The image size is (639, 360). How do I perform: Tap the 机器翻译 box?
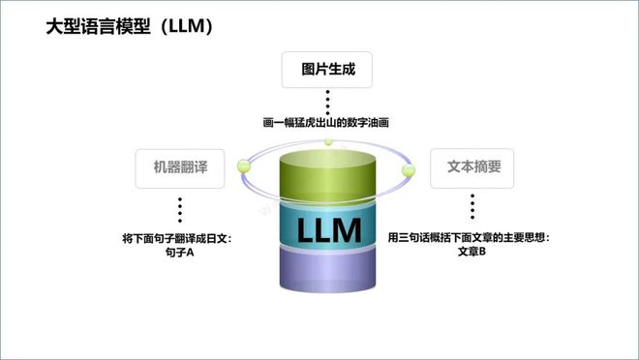tap(179, 167)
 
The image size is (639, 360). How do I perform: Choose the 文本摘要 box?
tap(472, 167)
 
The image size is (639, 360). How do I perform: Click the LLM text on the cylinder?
tap(328, 230)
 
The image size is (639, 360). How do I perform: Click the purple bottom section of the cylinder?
tap(328, 274)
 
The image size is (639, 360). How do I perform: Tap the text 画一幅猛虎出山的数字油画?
tap(327, 123)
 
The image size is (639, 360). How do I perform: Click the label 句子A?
tap(180, 253)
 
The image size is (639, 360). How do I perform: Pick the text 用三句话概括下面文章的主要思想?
tap(469, 238)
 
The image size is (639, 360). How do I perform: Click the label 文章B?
tap(472, 253)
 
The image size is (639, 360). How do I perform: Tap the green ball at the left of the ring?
tap(244, 166)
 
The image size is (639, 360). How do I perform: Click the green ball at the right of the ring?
tap(409, 171)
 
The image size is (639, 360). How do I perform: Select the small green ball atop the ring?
tap(328, 142)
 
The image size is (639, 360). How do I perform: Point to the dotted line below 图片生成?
tap(327, 100)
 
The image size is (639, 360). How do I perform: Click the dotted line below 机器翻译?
tap(179, 209)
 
